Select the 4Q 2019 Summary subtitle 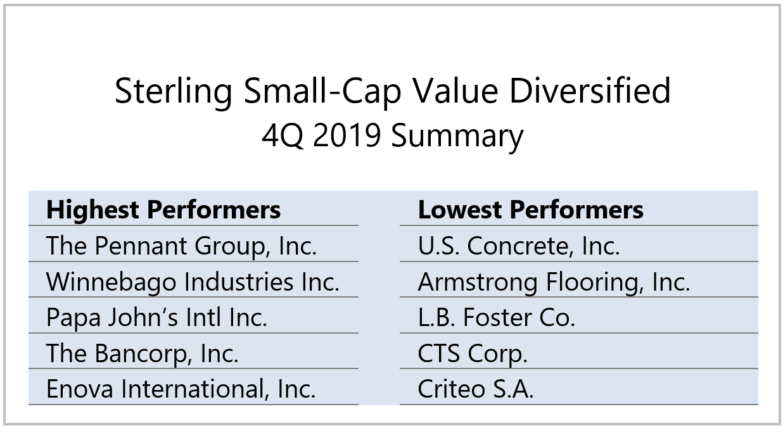[393, 136]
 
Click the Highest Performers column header [163, 210]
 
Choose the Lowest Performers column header [530, 210]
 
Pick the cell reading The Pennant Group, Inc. [181, 246]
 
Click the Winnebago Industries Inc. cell [193, 282]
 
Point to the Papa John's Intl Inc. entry [156, 317]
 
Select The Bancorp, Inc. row [143, 353]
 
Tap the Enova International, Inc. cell [181, 389]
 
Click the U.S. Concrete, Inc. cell [518, 246]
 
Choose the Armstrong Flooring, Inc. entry [554, 282]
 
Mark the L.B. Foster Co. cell [496, 317]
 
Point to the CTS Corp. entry [472, 353]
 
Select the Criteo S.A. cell [475, 389]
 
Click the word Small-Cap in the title [321, 92]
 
